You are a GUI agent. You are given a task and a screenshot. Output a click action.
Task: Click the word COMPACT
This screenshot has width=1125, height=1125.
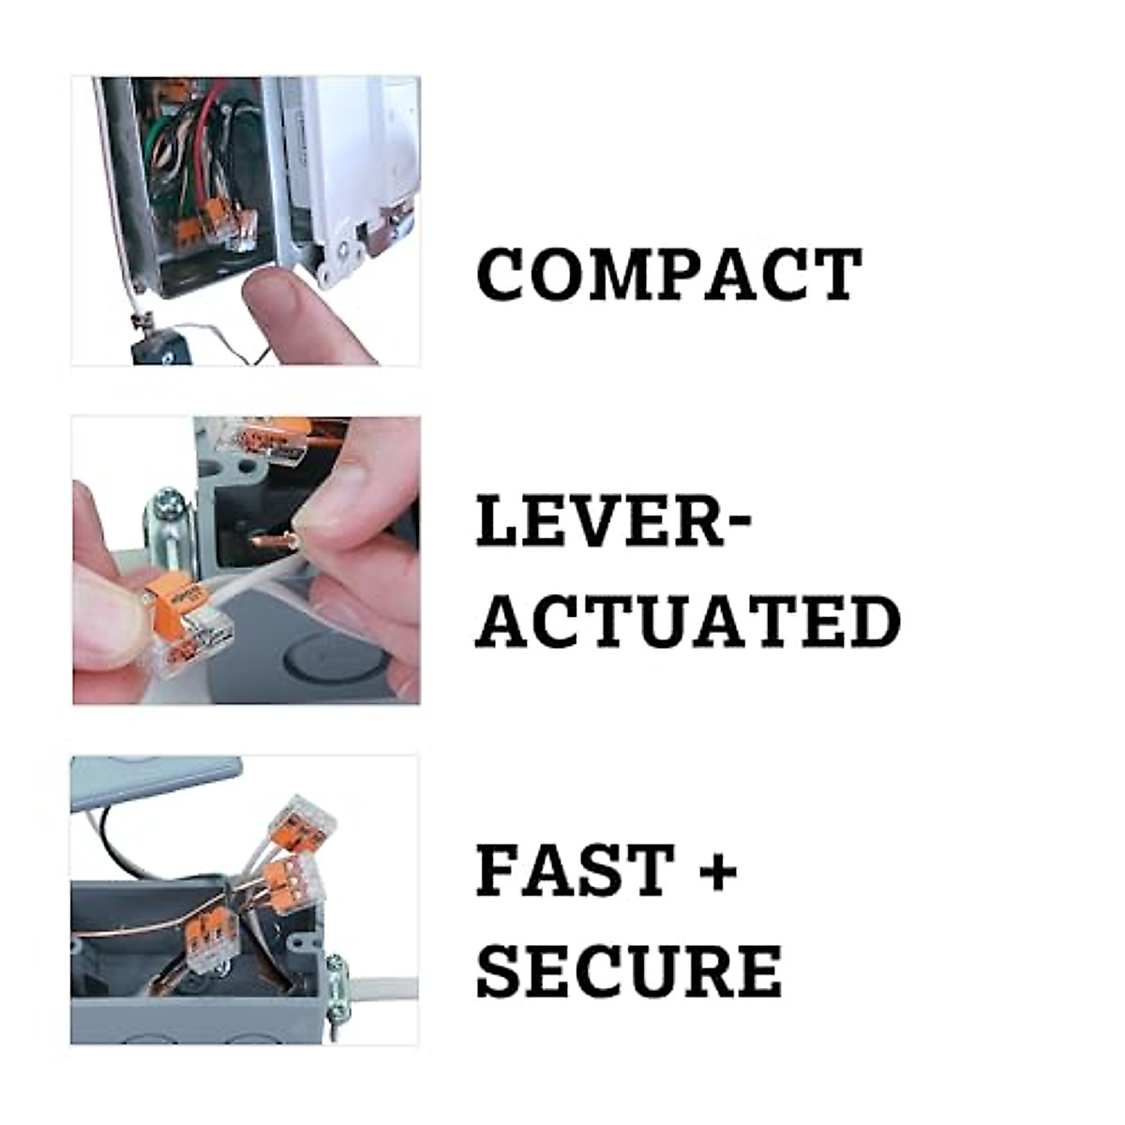[x=668, y=275]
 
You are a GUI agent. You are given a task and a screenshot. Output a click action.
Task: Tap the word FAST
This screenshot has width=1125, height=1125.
[x=575, y=869]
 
